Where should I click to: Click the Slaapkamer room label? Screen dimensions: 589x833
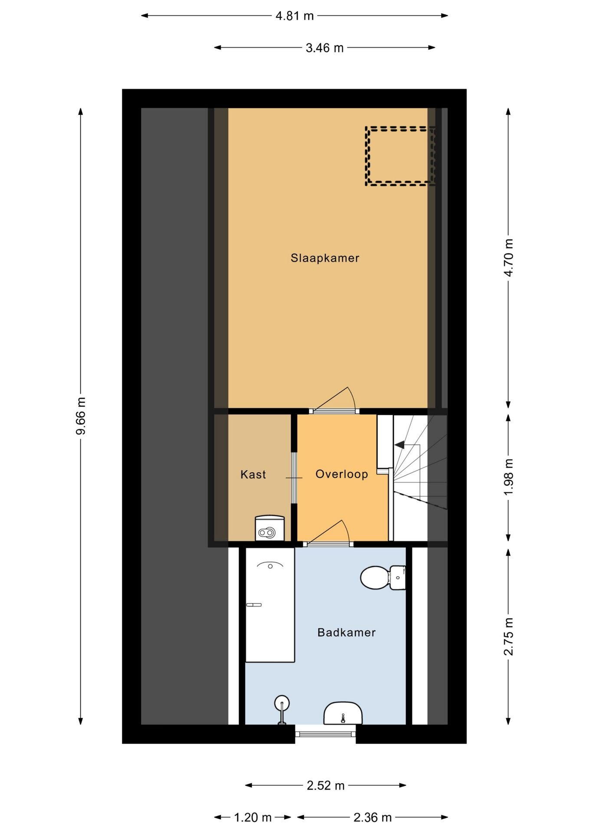(325, 258)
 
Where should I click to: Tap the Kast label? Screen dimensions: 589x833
(253, 474)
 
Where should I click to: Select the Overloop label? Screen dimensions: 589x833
(342, 474)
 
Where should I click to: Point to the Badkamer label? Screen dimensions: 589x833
(347, 632)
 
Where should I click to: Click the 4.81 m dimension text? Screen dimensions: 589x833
(294, 16)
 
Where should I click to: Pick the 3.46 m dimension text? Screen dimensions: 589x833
(324, 48)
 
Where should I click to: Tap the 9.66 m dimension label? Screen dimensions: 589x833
(81, 416)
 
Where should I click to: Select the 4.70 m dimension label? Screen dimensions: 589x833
(508, 258)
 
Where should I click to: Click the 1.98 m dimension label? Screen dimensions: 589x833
(508, 477)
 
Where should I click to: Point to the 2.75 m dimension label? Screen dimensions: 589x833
(508, 637)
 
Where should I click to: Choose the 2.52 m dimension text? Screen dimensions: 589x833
(326, 786)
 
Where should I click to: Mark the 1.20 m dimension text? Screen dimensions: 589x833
(253, 818)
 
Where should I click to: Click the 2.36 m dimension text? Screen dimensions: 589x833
(373, 818)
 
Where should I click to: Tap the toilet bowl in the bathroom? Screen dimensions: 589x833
(383, 577)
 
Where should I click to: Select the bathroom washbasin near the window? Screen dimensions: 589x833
(343, 714)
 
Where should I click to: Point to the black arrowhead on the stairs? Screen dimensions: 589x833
(399, 445)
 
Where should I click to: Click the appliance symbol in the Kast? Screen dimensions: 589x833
(269, 528)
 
